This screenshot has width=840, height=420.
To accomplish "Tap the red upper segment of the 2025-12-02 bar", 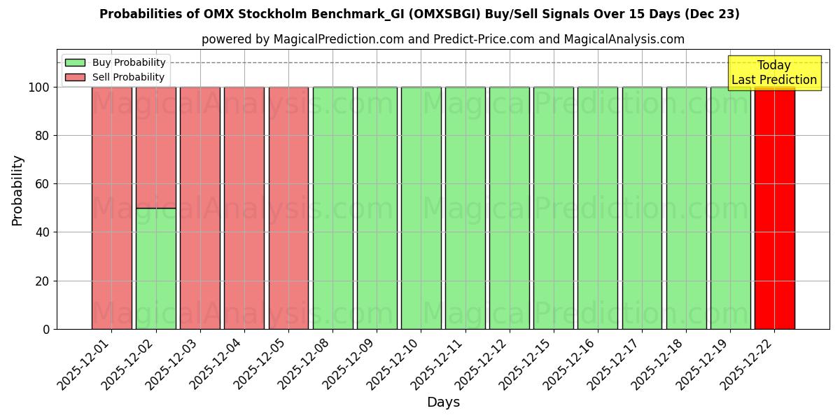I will tap(155, 147).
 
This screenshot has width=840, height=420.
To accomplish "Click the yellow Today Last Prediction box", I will tap(774, 73).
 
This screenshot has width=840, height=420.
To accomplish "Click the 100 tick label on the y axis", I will tap(39, 87).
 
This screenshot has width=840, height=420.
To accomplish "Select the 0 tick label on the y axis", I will tap(46, 329).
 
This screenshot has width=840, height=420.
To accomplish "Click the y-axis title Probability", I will tap(17, 190).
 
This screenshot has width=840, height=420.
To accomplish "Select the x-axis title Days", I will tap(443, 402).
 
